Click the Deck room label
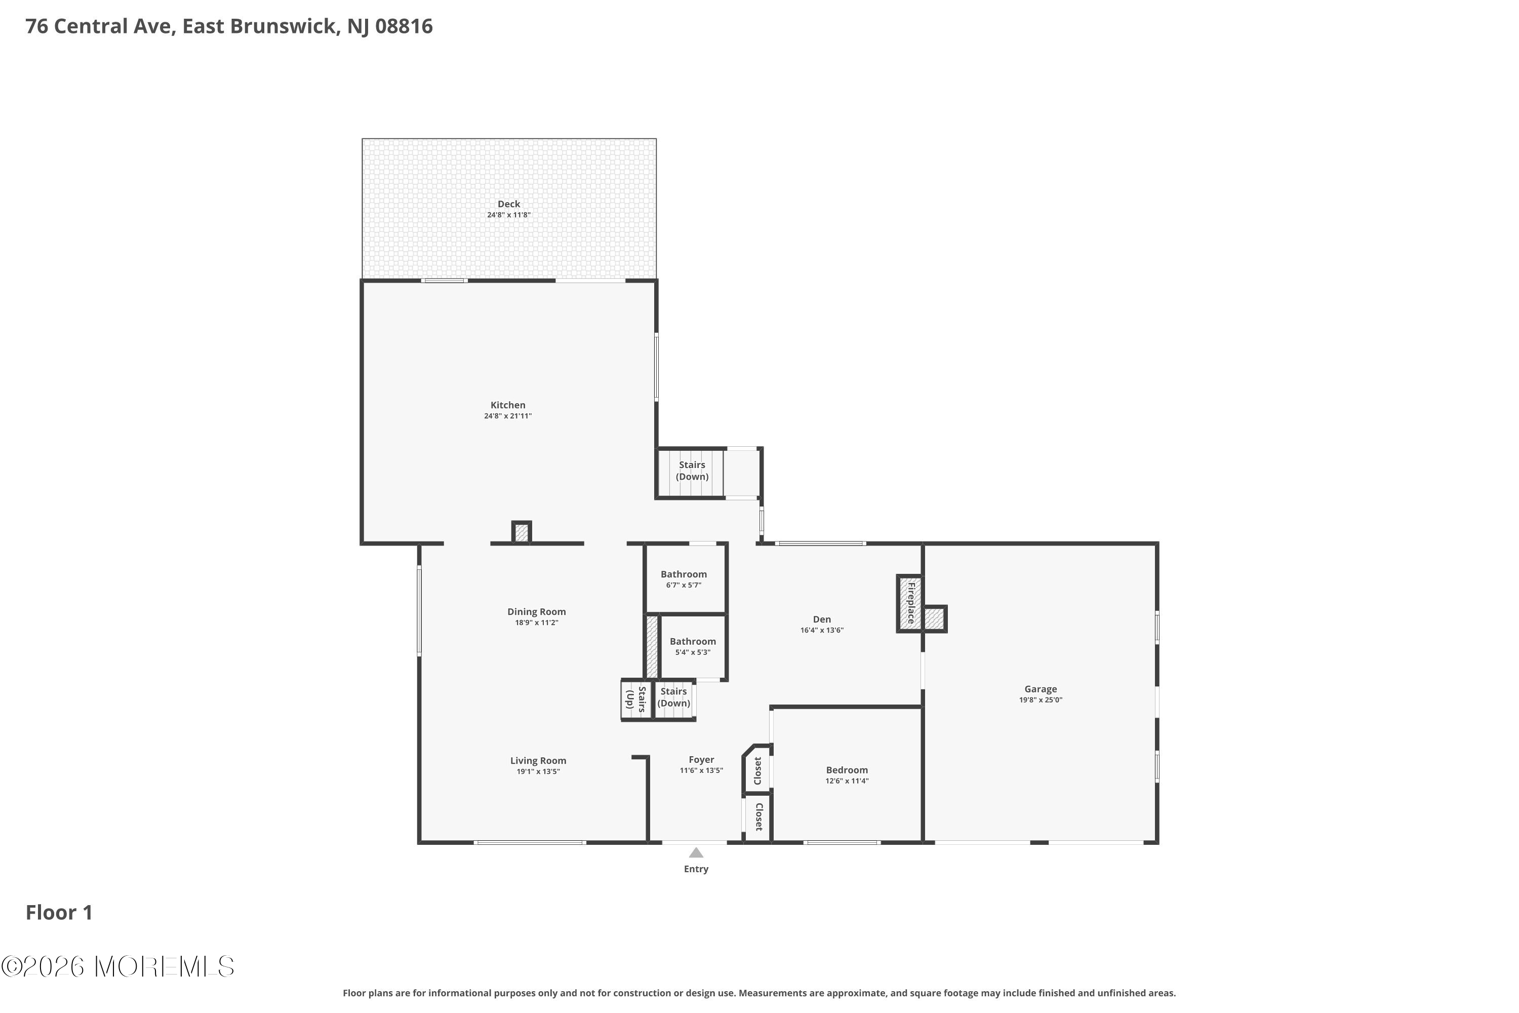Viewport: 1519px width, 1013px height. click(x=509, y=204)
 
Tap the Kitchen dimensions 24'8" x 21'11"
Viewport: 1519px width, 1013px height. click(x=508, y=416)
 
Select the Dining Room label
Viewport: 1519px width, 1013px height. click(x=536, y=612)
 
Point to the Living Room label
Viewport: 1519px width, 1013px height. click(x=538, y=761)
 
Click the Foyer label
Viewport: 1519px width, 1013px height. click(x=701, y=760)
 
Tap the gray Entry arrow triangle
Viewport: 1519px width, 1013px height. click(x=696, y=853)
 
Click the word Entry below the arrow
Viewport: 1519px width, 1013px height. click(x=696, y=870)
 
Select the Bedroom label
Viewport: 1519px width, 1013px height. click(x=847, y=770)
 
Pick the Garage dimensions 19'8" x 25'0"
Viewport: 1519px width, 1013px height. click(x=1041, y=699)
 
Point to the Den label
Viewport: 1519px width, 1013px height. click(x=821, y=619)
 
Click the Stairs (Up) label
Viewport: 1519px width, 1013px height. click(x=636, y=699)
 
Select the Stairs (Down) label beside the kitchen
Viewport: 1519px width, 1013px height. click(x=692, y=471)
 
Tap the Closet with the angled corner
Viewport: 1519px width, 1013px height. click(x=757, y=771)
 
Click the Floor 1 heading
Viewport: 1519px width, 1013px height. click(x=59, y=913)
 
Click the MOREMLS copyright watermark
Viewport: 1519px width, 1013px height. click(x=117, y=967)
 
